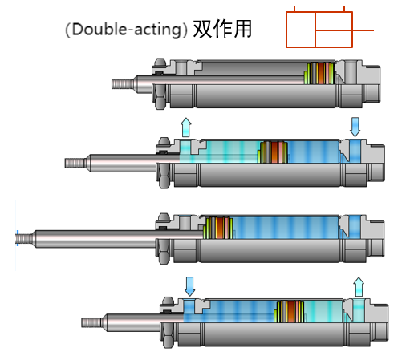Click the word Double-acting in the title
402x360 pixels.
pyautogui.click(x=127, y=30)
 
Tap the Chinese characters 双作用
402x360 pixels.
pyautogui.click(x=222, y=29)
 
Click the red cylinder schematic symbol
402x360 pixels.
pyautogui.click(x=330, y=27)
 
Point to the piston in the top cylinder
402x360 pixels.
pyautogui.click(x=319, y=73)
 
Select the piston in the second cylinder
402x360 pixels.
pyautogui.click(x=273, y=152)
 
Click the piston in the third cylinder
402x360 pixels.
pyautogui.click(x=218, y=228)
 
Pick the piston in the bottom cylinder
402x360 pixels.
pyautogui.click(x=290, y=311)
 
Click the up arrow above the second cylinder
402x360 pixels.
pyautogui.click(x=186, y=127)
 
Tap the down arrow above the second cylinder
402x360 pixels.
pyautogui.click(x=355, y=127)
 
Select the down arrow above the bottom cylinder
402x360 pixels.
pyautogui.click(x=189, y=286)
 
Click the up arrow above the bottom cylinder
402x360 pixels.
pyautogui.click(x=359, y=287)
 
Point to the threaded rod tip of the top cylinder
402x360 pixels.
pyautogui.click(x=122, y=84)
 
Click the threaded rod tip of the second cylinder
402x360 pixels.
pyautogui.click(x=75, y=163)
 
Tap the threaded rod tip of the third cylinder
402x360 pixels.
pyautogui.click(x=25, y=238)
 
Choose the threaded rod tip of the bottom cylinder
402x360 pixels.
pyautogui.click(x=91, y=322)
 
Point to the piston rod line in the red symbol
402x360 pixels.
pyautogui.click(x=344, y=30)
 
